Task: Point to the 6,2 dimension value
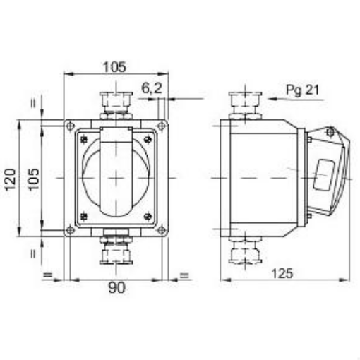tap(150, 88)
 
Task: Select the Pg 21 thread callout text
tap(303, 89)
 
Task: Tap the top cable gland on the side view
tap(244, 103)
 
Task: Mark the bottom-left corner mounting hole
tap(69, 229)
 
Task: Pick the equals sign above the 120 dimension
tap(33, 103)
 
